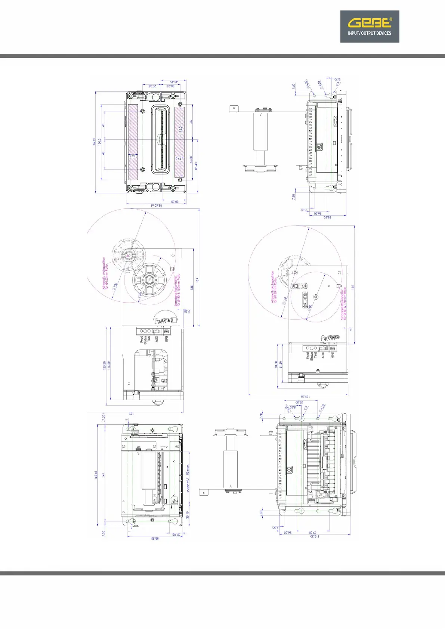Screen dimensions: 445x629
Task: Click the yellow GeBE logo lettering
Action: (x=369, y=23)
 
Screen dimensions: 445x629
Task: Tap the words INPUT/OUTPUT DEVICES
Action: (x=369, y=33)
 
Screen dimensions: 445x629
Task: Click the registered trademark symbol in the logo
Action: (x=391, y=19)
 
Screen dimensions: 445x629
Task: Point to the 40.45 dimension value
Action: (x=174, y=81)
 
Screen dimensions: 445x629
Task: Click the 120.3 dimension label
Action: (x=100, y=142)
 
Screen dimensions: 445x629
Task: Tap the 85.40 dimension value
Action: (x=197, y=165)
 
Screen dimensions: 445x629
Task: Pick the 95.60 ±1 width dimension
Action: (x=156, y=206)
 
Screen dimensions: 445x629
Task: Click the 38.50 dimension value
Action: (x=174, y=202)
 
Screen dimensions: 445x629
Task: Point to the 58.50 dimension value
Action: (x=327, y=217)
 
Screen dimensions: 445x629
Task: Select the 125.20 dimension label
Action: (x=104, y=365)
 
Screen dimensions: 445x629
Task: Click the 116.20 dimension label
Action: (x=109, y=365)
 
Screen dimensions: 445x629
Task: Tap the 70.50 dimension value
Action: (x=276, y=365)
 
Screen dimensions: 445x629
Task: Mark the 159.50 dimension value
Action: (x=305, y=397)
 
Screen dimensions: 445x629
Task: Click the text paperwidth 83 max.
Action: (x=188, y=478)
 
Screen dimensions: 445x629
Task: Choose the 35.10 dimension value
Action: (x=188, y=515)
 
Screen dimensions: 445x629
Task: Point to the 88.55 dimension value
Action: (x=155, y=538)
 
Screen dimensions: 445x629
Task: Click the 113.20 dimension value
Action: (x=315, y=536)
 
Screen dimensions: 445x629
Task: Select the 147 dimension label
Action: (x=103, y=475)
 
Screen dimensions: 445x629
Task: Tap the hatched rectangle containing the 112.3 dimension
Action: (x=179, y=142)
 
